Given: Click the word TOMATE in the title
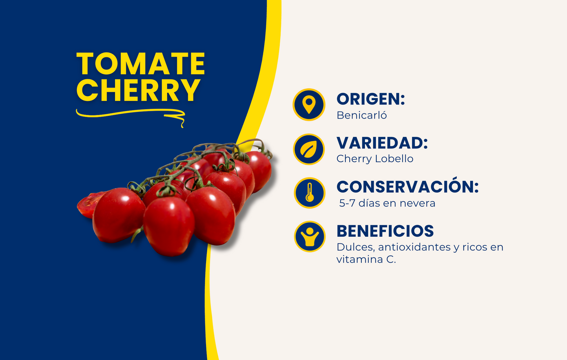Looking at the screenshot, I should pos(140,64).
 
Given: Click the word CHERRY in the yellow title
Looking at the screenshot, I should pos(138,90).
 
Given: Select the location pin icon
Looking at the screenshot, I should pos(309,105).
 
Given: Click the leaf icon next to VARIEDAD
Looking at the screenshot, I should pos(309,150).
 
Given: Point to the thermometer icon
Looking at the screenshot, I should pos(310,193).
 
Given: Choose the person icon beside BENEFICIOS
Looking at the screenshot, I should pos(310,237).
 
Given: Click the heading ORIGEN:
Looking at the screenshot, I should pos(370,99).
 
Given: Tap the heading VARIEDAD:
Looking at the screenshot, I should pos(382,143).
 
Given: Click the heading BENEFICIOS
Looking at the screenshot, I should pos(385,231).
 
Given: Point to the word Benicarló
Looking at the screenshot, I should pos(361,115).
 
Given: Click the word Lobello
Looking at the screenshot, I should pos(394,159).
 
